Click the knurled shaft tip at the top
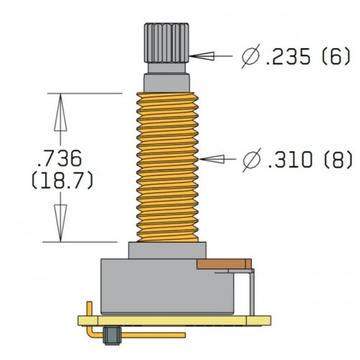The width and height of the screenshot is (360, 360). [x=166, y=43]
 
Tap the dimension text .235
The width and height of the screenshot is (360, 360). [x=288, y=56]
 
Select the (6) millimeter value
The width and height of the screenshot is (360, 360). [x=336, y=56]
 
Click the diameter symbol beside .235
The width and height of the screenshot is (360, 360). [x=251, y=56]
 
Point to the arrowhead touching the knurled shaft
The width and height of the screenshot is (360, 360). [x=202, y=56]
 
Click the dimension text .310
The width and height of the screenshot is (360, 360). [x=290, y=159]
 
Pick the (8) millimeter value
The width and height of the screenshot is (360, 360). [x=338, y=159]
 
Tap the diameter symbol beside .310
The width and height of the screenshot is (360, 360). [x=252, y=160]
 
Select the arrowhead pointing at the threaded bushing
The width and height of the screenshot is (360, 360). [x=212, y=159]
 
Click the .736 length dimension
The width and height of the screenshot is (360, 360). [x=60, y=158]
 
